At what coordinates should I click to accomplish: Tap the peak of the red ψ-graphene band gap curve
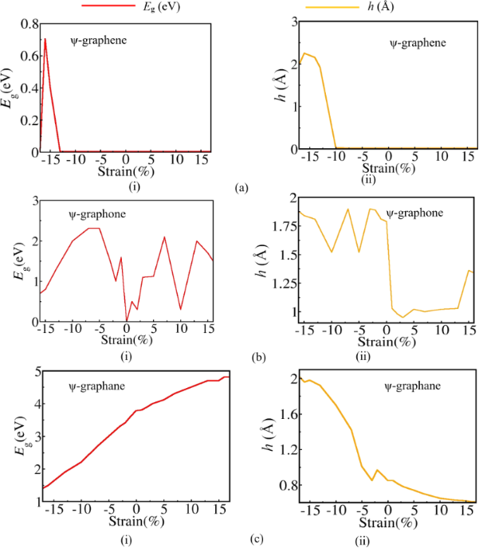tap(45, 39)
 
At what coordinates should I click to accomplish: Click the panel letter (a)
tap(242, 188)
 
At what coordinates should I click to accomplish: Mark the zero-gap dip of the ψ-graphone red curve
tap(126, 319)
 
